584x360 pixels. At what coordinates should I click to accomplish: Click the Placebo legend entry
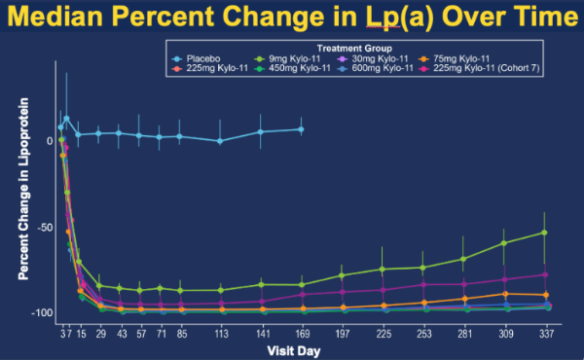[197, 58]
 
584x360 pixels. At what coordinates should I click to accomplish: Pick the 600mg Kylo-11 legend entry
[375, 68]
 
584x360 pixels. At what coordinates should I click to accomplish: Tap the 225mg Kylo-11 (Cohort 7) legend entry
[479, 68]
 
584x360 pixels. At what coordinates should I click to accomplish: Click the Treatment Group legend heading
[354, 49]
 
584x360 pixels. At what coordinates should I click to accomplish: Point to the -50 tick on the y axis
[45, 228]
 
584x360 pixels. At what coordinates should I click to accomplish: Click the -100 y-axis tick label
[42, 313]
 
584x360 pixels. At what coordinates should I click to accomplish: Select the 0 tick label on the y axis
[50, 141]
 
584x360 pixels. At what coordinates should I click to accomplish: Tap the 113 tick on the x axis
[221, 334]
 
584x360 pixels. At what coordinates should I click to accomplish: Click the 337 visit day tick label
[546, 334]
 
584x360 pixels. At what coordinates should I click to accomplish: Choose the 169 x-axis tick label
[303, 334]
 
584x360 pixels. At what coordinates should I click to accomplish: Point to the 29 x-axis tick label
[100, 334]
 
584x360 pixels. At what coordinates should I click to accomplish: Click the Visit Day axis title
[294, 350]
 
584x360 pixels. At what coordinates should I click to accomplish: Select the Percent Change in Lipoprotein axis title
[23, 189]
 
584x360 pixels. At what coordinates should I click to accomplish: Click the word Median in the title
[55, 16]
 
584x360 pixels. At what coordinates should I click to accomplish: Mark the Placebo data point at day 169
[301, 129]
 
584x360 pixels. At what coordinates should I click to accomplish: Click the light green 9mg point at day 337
[544, 233]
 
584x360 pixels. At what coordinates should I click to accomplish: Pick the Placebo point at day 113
[220, 141]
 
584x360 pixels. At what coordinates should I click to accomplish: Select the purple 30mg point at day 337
[545, 274]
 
